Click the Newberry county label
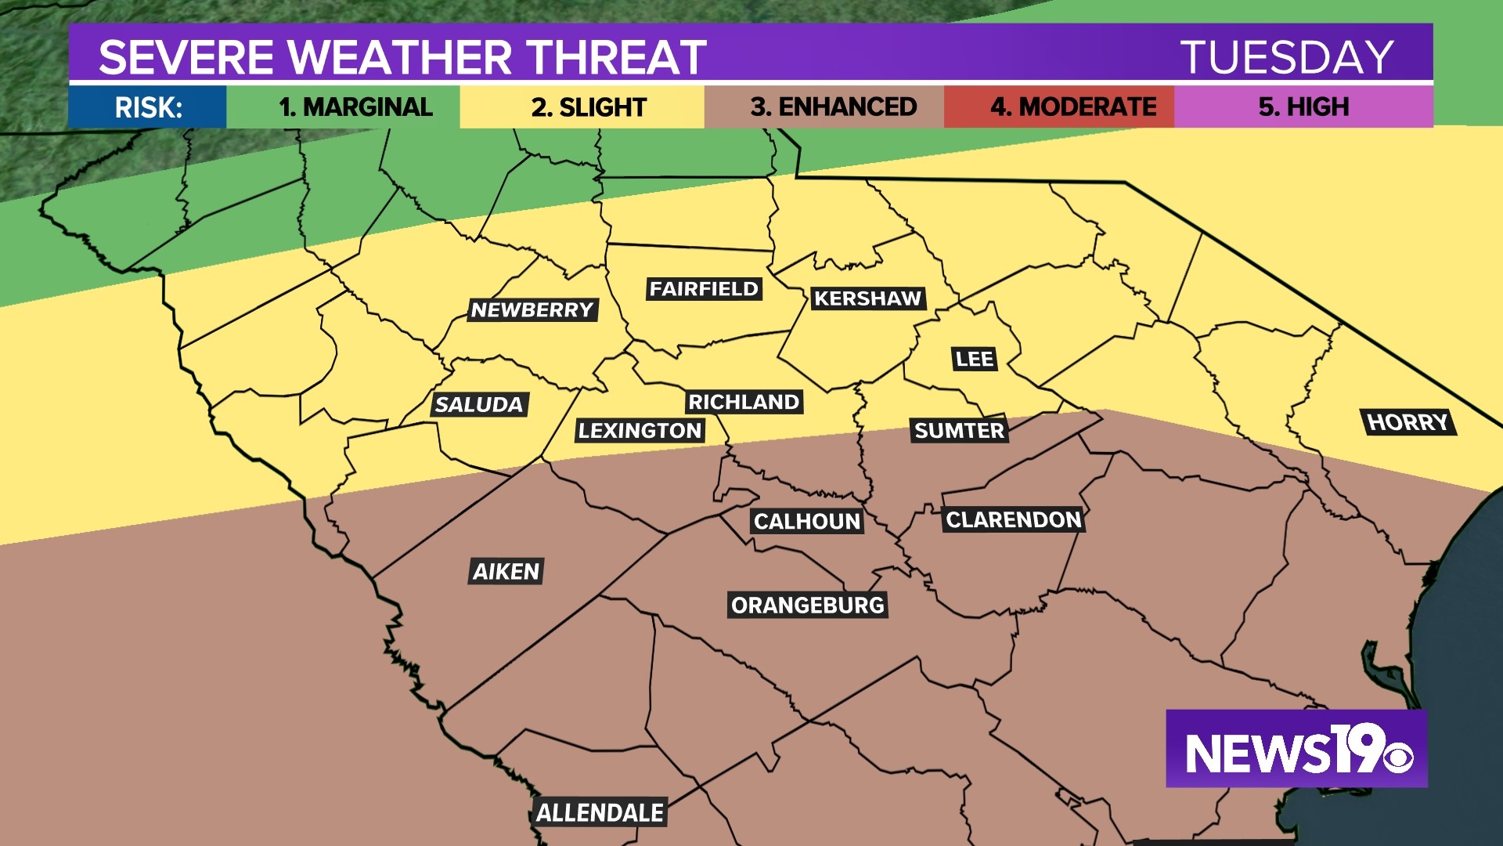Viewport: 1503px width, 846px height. click(532, 310)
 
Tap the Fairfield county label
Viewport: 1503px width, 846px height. click(704, 289)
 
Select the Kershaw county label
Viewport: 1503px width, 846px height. click(867, 298)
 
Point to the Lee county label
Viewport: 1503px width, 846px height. click(974, 360)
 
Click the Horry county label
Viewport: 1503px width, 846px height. click(1407, 422)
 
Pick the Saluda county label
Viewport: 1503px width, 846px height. click(479, 405)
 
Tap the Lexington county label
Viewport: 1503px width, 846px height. click(640, 431)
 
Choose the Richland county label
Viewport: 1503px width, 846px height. click(744, 402)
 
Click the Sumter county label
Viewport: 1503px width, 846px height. click(959, 431)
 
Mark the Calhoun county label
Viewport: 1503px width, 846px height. click(807, 522)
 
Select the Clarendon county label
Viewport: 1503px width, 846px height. click(1013, 520)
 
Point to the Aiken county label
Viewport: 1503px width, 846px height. click(506, 572)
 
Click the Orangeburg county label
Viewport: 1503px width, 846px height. click(807, 606)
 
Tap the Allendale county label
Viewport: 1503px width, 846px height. click(600, 813)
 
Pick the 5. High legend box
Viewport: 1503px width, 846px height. click(1303, 107)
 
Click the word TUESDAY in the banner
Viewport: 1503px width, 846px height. click(1287, 57)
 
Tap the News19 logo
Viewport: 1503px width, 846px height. click(1296, 749)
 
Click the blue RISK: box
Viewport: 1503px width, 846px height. click(148, 107)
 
